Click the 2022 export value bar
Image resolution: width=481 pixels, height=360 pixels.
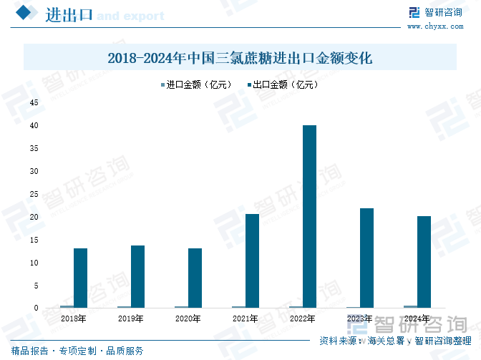(x=309, y=217)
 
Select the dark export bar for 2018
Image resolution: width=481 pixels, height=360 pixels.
(x=80, y=278)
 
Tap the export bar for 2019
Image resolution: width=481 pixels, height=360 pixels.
(x=137, y=277)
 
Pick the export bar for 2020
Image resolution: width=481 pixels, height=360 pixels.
(x=195, y=278)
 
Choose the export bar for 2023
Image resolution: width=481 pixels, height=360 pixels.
(x=366, y=258)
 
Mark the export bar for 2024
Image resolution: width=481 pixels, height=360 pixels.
(x=424, y=262)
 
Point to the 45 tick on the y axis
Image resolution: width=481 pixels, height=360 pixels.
(x=34, y=103)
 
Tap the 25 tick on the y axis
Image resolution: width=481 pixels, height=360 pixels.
(x=34, y=195)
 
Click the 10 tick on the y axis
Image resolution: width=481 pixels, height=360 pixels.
(x=34, y=263)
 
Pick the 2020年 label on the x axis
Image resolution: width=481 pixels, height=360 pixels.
(x=188, y=318)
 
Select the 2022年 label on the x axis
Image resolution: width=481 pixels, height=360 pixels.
(x=303, y=318)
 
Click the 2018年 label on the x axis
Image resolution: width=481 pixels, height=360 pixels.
(x=74, y=318)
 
